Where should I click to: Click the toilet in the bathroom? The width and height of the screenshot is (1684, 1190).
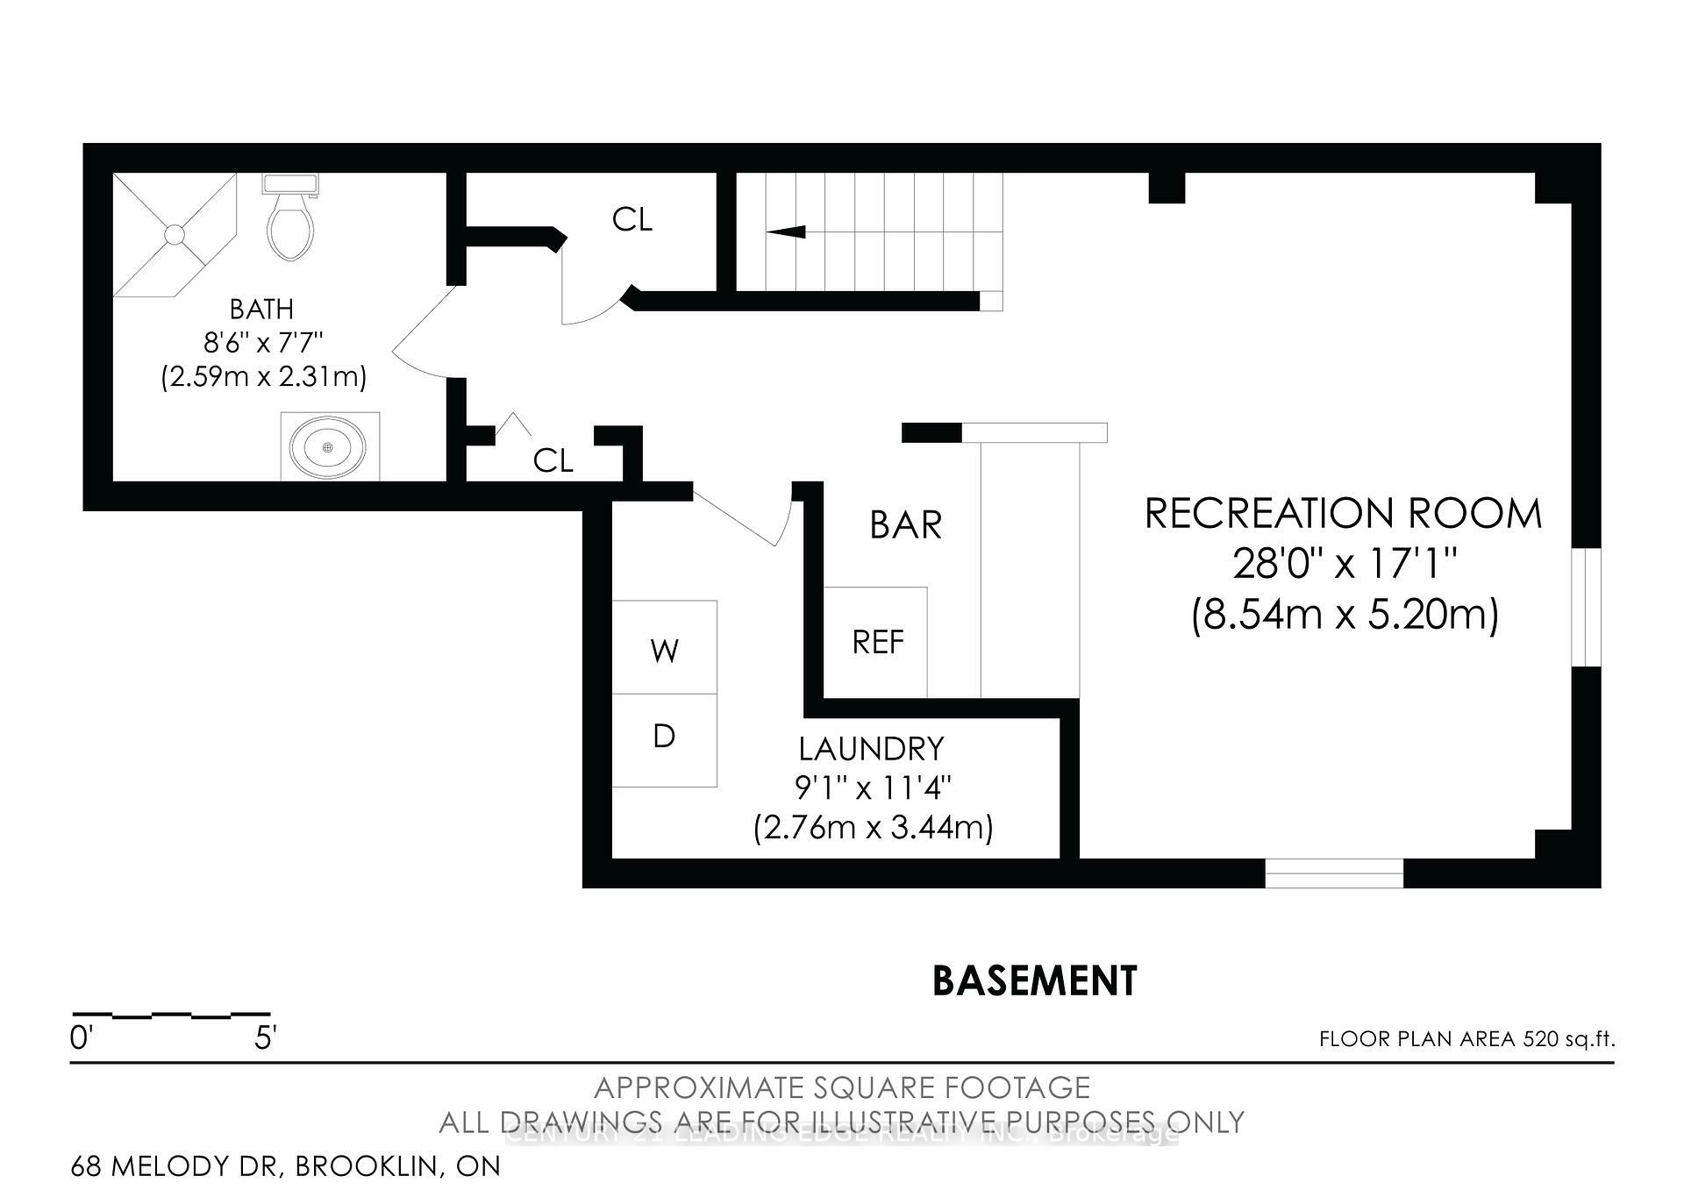[x=289, y=224]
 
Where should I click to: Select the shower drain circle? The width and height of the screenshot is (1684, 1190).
[x=175, y=234]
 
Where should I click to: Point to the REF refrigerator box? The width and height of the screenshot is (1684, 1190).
[x=876, y=643]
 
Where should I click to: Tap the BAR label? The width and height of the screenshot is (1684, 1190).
[x=905, y=525]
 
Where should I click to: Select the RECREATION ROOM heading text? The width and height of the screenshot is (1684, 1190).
[x=1343, y=514]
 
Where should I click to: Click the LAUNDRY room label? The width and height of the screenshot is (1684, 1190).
[x=871, y=749]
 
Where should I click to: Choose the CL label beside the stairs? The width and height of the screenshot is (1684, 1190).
[x=632, y=219]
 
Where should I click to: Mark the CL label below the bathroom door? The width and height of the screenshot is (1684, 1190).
[x=553, y=460]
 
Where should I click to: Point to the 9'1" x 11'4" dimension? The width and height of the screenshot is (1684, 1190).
[x=873, y=788]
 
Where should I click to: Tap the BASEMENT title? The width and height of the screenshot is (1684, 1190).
[x=1034, y=981]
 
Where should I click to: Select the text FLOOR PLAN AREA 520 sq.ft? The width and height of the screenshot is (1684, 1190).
[x=1466, y=1040]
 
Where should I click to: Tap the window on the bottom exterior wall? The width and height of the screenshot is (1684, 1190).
[x=1333, y=873]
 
